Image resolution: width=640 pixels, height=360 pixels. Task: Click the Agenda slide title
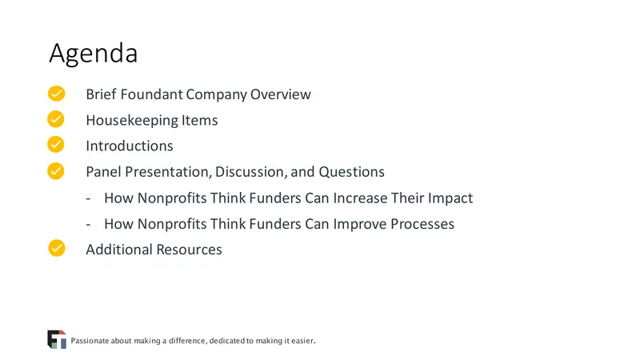(94, 54)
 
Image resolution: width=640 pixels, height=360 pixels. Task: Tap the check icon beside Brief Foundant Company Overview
(56, 94)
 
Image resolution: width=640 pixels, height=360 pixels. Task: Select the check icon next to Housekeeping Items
(56, 119)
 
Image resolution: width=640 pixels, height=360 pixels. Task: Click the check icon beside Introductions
(56, 145)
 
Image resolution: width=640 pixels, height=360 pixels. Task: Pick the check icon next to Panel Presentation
(56, 171)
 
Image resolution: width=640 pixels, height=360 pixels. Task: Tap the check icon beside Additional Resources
(56, 248)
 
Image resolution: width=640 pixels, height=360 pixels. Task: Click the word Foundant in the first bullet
(151, 94)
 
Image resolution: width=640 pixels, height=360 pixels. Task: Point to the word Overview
(281, 94)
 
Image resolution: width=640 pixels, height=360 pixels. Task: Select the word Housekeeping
(132, 121)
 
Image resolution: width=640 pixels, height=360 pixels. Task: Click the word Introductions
(130, 146)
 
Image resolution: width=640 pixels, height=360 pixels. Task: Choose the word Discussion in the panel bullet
(250, 172)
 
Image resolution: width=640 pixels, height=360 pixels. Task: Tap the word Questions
(351, 172)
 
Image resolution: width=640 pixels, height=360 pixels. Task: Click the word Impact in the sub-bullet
(450, 198)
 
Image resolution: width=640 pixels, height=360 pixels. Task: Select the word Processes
(422, 224)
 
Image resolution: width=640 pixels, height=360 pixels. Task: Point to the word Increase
(361, 198)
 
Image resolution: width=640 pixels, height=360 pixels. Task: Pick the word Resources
(189, 250)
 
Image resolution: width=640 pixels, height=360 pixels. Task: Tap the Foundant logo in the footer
(57, 339)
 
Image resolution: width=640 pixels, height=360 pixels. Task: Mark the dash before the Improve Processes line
(88, 224)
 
